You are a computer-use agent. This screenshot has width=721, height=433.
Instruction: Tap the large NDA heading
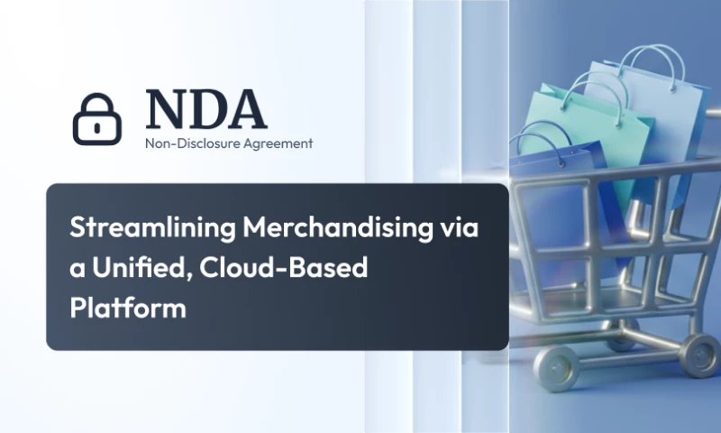206,109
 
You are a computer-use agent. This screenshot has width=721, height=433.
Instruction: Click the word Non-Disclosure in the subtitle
186,143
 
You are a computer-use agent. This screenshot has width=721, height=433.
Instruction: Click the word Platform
127,308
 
